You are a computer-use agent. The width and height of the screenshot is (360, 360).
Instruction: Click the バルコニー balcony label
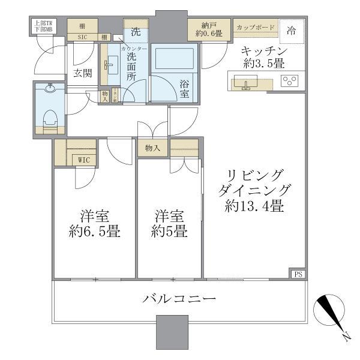coord(179,298)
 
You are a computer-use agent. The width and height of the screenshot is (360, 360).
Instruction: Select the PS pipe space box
coord(298,274)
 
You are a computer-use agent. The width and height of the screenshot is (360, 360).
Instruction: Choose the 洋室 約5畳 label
coord(168,224)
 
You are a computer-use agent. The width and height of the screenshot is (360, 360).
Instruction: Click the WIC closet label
coord(83,160)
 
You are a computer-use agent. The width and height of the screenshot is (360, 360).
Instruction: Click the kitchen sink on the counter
coord(245,82)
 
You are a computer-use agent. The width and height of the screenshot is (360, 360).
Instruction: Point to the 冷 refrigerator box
coord(290,29)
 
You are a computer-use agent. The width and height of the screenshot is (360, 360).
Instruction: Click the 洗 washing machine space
coord(136,29)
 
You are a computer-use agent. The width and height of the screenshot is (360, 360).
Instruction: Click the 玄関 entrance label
coord(82,73)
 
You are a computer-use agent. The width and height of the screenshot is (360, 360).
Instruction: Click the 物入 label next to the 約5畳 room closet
coord(152,148)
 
